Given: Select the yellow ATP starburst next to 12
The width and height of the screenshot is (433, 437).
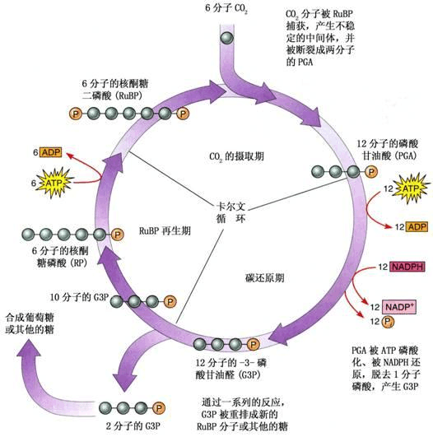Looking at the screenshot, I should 393,191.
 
